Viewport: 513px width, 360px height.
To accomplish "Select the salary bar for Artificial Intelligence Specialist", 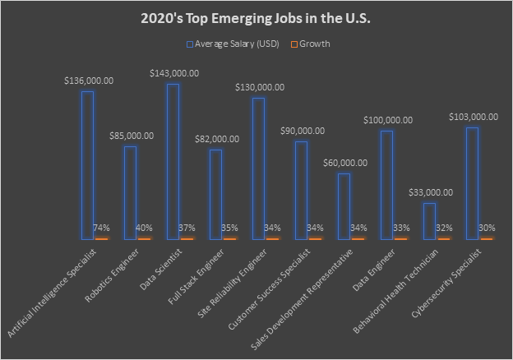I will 87,164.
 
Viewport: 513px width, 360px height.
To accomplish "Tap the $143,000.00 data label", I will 173,73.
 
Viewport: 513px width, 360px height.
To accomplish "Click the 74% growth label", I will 102,228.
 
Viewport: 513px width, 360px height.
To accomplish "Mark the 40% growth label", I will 145,228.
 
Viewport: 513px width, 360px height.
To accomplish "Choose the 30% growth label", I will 487,228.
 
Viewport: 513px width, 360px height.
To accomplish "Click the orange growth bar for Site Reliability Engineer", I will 273,238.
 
